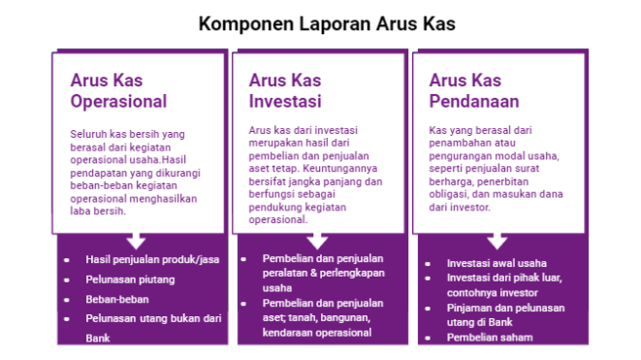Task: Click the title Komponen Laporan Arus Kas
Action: pyautogui.click(x=320, y=22)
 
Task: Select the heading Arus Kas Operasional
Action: pyautogui.click(x=118, y=90)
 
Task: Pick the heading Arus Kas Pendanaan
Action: pyautogui.click(x=473, y=90)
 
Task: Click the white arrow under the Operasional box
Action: pyautogui.click(x=137, y=241)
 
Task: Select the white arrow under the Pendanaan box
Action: pyautogui.click(x=497, y=241)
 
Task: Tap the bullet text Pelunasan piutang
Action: pyautogui.click(x=121, y=280)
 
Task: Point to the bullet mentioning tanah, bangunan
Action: pyautogui.click(x=317, y=316)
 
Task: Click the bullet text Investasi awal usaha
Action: pyautogui.click(x=497, y=263)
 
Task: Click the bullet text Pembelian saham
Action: pyautogui.click(x=489, y=337)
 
